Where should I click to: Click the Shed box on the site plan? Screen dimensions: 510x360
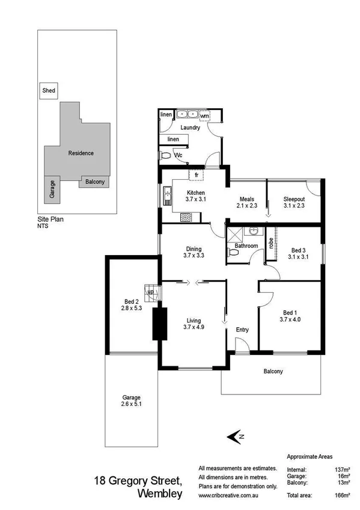tap(49, 91)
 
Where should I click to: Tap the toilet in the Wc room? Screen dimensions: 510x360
tap(166, 155)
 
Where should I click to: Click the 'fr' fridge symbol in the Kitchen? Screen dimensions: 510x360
tap(196, 175)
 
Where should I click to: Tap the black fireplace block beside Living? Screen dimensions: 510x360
tap(159, 324)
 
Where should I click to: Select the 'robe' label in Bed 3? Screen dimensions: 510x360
tap(271, 244)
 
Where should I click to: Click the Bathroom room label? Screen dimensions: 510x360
tap(246, 246)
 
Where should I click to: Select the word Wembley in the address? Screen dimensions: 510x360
tap(160, 494)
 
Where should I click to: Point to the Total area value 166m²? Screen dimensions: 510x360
tap(343, 495)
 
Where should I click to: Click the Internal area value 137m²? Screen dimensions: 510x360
tap(343, 469)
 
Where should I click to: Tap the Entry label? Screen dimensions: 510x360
tap(242, 330)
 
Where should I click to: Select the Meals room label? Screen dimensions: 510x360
tap(246, 199)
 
